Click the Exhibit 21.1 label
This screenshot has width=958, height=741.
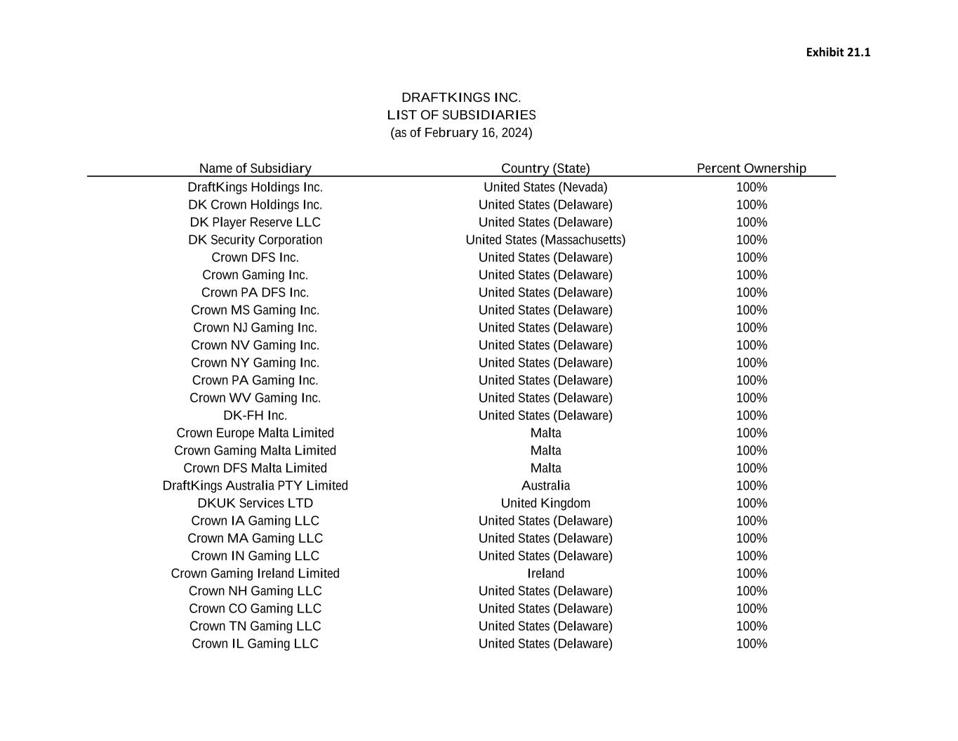coord(837,53)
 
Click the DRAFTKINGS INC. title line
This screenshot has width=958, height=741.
coord(461,98)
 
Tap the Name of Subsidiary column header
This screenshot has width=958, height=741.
coord(255,169)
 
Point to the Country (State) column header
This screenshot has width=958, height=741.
coord(545,169)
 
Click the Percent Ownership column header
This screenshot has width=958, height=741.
coord(751,169)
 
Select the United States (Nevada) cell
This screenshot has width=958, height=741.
coord(545,188)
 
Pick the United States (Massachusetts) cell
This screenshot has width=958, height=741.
coord(545,240)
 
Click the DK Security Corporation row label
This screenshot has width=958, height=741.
coord(255,240)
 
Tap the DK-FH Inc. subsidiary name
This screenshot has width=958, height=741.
coord(255,416)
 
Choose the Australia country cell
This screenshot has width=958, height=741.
coord(545,486)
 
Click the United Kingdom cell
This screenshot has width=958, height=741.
coord(545,504)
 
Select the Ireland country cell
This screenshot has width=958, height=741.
coord(545,574)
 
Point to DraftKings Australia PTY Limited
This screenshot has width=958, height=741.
coord(255,486)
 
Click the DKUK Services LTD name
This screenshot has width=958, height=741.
coord(255,504)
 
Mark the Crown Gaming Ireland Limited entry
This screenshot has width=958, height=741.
coord(255,574)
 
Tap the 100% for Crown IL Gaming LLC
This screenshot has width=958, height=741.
coord(751,644)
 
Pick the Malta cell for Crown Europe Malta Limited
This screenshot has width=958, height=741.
coord(545,433)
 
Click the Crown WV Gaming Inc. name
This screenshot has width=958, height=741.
coord(255,398)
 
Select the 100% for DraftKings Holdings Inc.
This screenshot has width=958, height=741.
coord(751,188)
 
